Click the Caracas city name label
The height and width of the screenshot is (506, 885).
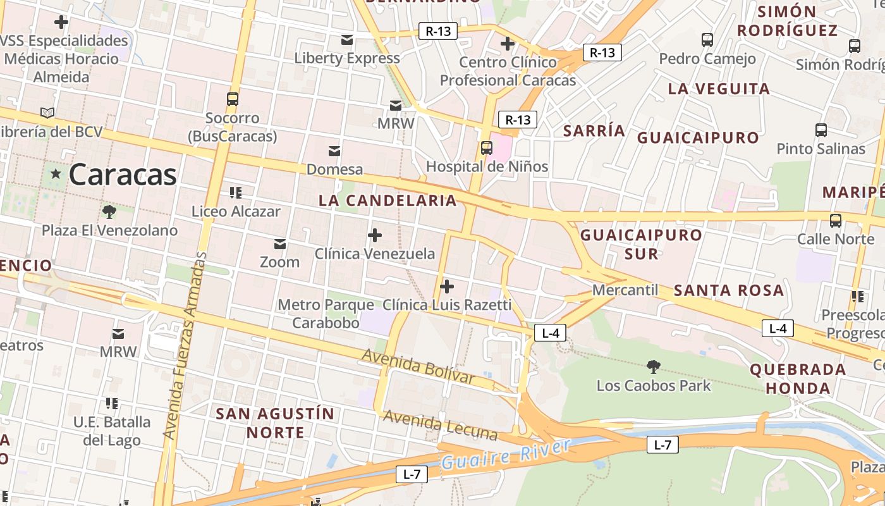tap(123, 175)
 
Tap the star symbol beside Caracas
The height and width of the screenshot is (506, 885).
tap(56, 173)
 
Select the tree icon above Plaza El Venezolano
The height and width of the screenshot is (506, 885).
tap(109, 211)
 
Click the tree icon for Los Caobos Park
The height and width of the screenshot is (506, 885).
tap(654, 366)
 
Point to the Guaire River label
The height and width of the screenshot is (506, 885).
tap(506, 454)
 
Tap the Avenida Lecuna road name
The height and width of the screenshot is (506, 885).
tap(440, 424)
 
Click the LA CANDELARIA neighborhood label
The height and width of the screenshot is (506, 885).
tap(388, 201)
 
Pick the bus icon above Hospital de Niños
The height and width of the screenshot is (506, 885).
tap(486, 148)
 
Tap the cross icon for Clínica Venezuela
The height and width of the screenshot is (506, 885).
tap(375, 235)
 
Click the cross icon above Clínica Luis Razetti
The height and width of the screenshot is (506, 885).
tap(447, 287)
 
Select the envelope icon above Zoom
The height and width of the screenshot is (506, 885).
tap(280, 244)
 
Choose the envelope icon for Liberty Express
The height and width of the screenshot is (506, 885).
tap(347, 40)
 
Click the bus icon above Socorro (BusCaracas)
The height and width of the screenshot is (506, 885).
tap(233, 99)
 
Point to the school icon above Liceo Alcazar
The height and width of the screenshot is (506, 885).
tap(236, 192)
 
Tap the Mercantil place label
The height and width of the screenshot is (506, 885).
tap(625, 290)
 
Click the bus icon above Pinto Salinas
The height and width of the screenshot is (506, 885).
tap(821, 130)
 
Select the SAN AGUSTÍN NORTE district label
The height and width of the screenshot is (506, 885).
tap(275, 423)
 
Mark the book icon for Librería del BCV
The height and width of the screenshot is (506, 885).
tap(47, 113)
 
